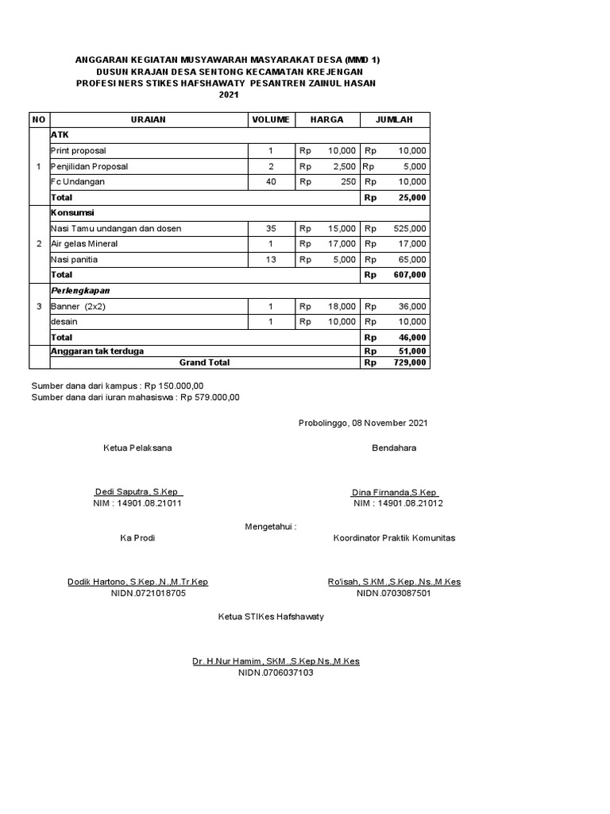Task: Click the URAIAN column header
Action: point(148,119)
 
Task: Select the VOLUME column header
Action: point(271,119)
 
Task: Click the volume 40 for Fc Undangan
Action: point(271,181)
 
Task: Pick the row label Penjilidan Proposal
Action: point(89,166)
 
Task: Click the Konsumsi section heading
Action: point(72,213)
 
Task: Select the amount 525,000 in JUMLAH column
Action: point(410,228)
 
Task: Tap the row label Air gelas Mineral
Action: point(83,243)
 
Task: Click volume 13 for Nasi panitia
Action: point(271,259)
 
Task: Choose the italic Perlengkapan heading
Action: point(80,290)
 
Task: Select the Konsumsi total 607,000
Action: point(410,274)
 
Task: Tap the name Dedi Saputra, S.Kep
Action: point(138,492)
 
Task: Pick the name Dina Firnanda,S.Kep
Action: point(396,492)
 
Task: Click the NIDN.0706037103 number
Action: point(276,673)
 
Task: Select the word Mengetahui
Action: point(270,526)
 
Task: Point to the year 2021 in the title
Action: point(229,95)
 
